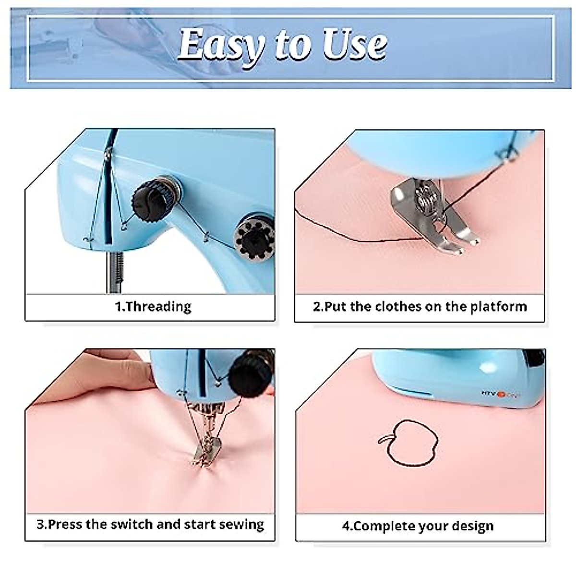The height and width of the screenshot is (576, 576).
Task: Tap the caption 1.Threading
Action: click(x=153, y=306)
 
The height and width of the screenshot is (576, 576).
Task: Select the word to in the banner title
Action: click(x=296, y=44)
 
